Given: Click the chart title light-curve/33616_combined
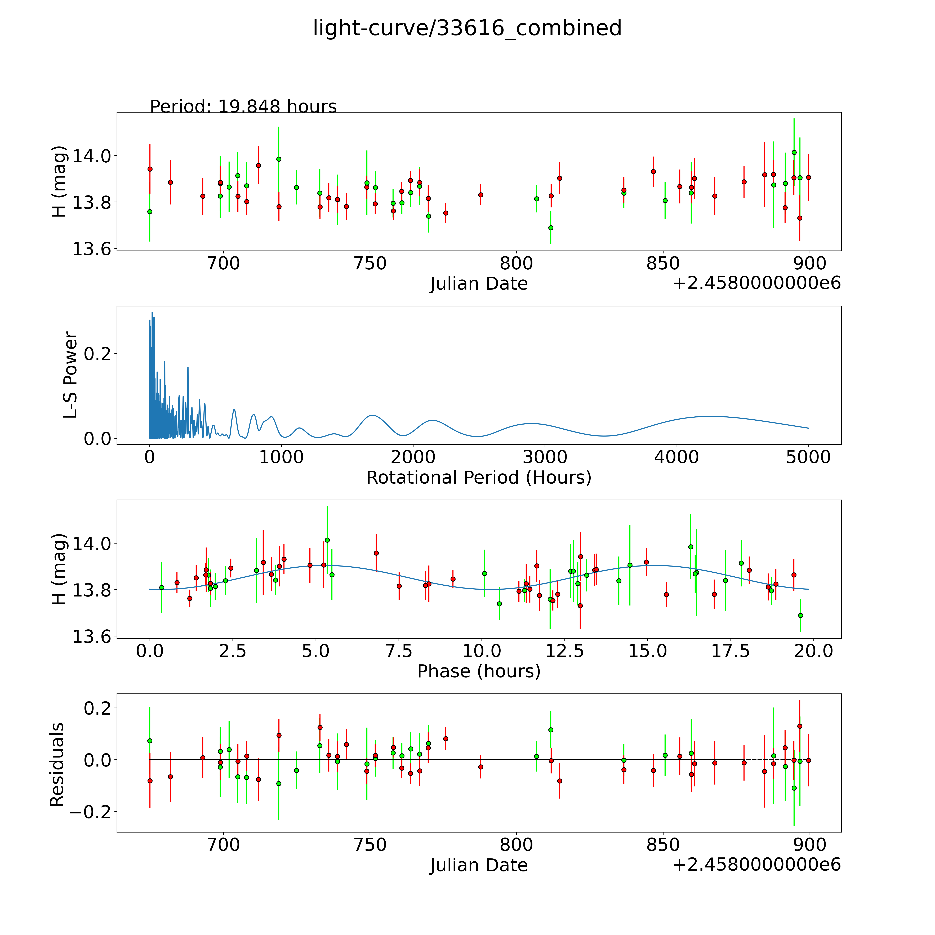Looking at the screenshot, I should (x=467, y=28).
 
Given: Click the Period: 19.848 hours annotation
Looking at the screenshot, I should (x=243, y=106).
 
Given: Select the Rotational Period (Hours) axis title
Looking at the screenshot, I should (x=479, y=478).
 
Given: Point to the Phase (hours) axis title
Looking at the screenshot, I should (x=479, y=671).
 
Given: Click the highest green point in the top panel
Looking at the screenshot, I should (x=794, y=152).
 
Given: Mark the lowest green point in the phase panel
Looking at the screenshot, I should (x=800, y=615).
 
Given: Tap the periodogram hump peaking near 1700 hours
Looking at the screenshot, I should (x=372, y=415).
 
